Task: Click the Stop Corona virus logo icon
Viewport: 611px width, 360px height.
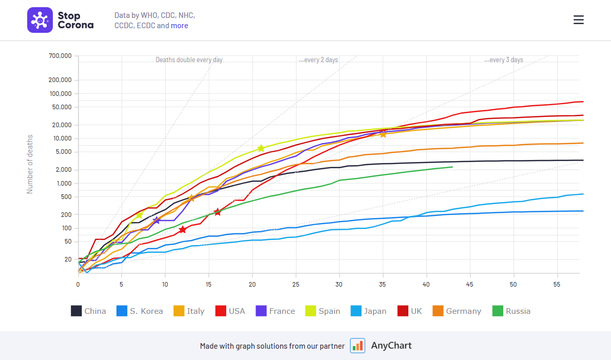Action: [40, 20]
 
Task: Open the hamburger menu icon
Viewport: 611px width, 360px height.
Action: [579, 20]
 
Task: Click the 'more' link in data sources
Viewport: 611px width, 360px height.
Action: [180, 26]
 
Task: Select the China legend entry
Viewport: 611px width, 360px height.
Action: [88, 311]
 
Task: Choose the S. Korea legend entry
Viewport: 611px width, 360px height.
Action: [139, 311]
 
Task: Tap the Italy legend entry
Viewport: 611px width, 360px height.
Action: [188, 311]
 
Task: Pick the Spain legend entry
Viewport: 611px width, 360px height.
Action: [322, 311]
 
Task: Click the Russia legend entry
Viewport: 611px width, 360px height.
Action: [511, 311]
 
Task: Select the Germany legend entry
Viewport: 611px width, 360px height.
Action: [457, 311]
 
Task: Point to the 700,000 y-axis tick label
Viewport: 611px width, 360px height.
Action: [60, 55]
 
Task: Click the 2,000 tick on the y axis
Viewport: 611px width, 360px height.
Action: [64, 170]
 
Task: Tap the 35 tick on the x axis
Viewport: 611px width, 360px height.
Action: [383, 284]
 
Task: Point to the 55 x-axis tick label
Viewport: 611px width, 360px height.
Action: [557, 284]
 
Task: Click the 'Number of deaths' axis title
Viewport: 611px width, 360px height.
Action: [30, 164]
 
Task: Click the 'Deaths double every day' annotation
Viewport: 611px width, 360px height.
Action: [189, 60]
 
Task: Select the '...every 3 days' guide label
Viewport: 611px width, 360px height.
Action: [504, 60]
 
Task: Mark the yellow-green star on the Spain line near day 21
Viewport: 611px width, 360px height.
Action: [261, 148]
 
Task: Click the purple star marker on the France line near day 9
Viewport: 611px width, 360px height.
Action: [156, 221]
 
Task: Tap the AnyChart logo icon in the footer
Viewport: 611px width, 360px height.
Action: [358, 346]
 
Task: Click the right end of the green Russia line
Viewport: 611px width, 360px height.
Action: [452, 167]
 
